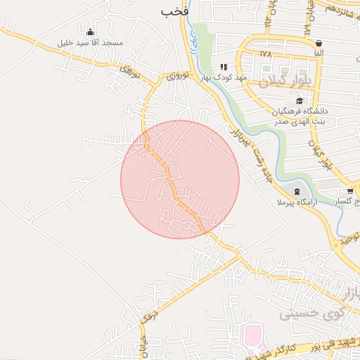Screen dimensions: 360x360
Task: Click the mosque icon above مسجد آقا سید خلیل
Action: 90,32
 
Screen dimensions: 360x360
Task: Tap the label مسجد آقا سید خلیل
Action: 91,43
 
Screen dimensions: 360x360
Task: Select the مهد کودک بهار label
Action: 222,77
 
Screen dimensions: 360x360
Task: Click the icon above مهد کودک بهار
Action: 224,67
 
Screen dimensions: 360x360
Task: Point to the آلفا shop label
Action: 319,53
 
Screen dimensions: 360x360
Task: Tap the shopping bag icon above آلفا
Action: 319,43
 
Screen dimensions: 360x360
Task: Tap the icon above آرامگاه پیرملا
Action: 297,191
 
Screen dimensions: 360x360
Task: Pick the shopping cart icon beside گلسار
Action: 350,191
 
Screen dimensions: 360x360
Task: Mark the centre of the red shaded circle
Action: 180,179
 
